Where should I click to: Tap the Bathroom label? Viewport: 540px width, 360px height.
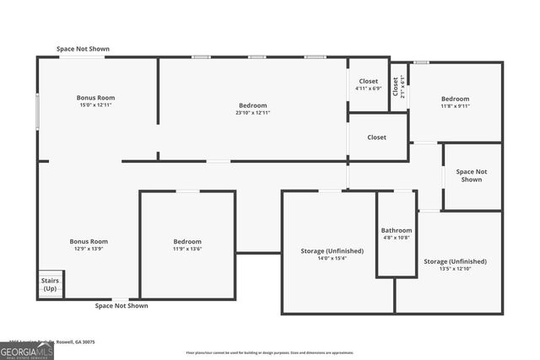click(397, 230)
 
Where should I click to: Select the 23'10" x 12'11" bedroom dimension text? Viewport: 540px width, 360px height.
click(252, 113)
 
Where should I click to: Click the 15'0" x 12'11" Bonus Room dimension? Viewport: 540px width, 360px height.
click(95, 105)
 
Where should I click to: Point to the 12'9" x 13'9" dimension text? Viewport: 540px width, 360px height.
click(89, 249)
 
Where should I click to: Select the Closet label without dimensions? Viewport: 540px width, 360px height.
click(376, 137)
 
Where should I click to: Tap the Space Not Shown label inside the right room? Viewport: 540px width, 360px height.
click(472, 175)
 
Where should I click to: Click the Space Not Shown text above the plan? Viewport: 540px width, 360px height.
click(83, 49)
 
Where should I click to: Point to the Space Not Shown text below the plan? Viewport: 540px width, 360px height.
click(121, 306)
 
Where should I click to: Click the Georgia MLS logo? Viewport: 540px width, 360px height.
click(27, 350)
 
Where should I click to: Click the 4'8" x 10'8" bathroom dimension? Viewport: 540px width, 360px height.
click(397, 238)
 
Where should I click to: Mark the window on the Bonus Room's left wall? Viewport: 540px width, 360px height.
click(37, 110)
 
